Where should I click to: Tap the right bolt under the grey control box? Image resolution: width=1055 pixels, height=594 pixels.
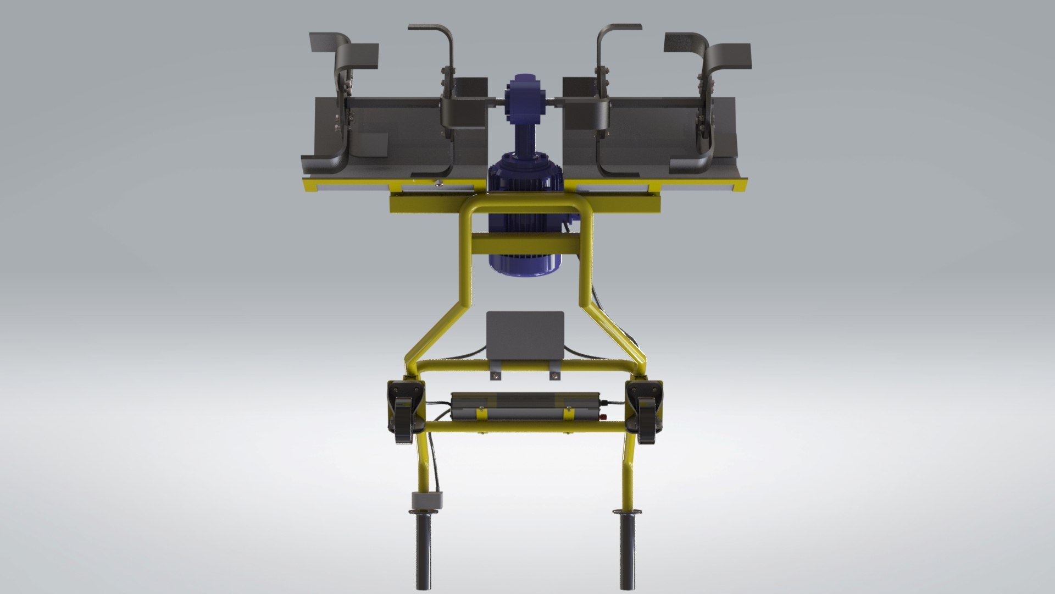click(x=555, y=376)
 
